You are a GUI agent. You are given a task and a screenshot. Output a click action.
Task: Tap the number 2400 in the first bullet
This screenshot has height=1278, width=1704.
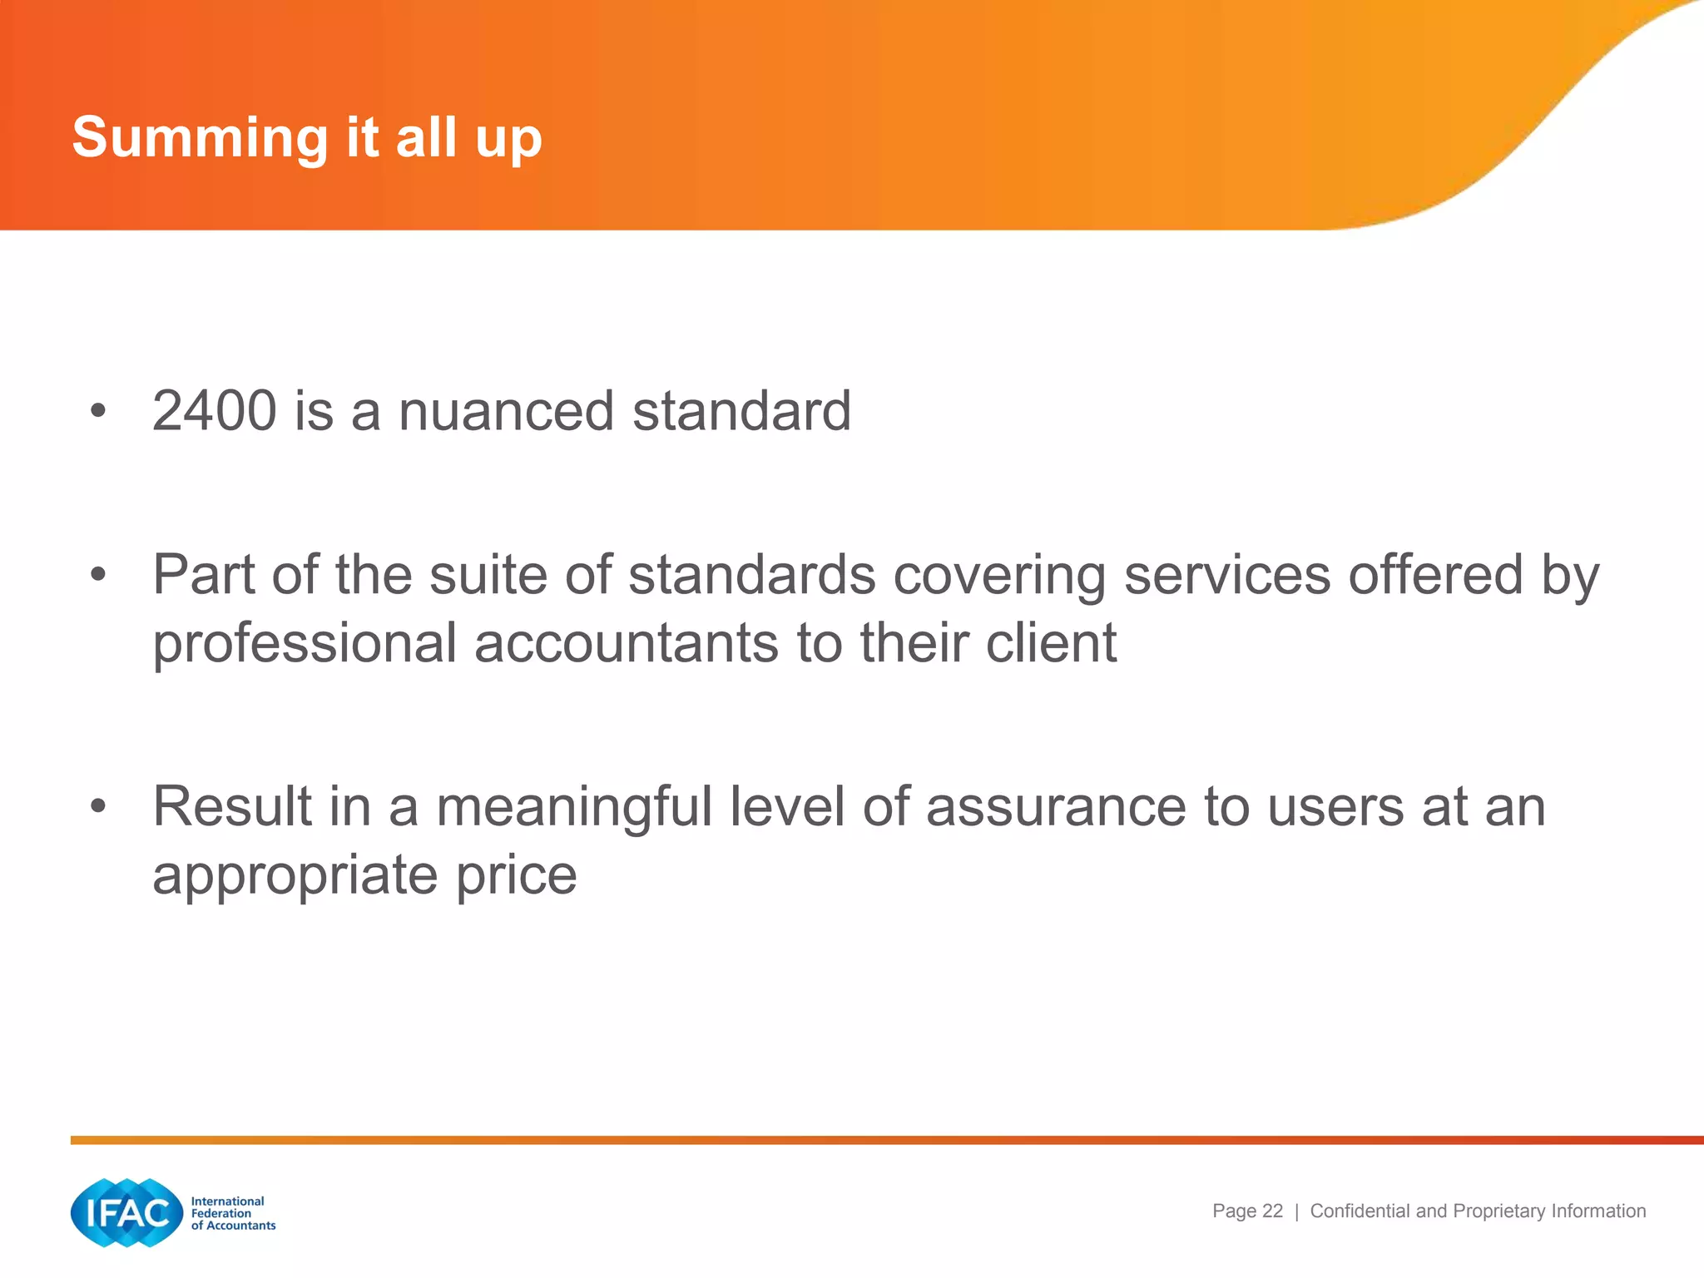point(214,411)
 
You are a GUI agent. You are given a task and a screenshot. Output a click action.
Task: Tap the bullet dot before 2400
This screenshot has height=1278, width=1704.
point(98,411)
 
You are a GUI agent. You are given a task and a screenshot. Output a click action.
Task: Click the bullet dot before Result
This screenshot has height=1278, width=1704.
point(98,806)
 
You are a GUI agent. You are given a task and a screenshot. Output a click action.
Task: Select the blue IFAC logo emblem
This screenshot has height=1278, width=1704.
point(126,1212)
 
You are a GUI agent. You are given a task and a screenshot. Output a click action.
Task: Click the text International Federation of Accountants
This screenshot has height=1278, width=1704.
point(232,1213)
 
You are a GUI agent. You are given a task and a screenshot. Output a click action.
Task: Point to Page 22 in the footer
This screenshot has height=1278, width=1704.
point(1247,1211)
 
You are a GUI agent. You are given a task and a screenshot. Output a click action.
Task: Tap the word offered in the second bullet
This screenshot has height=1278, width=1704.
point(1435,575)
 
